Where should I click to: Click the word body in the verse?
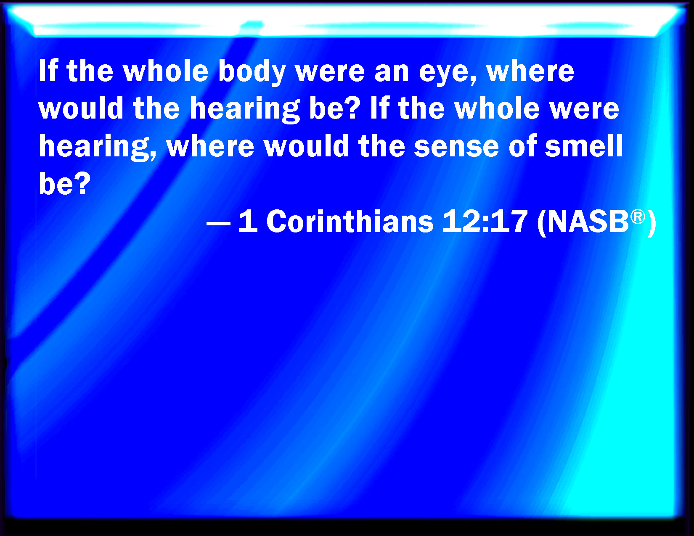coord(252,72)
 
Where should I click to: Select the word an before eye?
coord(392,72)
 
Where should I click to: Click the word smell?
coord(584,145)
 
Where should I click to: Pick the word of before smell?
coord(522,145)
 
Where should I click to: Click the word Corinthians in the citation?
coord(350,222)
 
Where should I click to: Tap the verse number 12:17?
coord(485,222)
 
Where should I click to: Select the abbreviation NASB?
coord(588,222)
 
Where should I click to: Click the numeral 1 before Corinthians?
coord(248,222)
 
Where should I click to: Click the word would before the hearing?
coord(81,108)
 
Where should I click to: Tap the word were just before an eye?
coord(330,72)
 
